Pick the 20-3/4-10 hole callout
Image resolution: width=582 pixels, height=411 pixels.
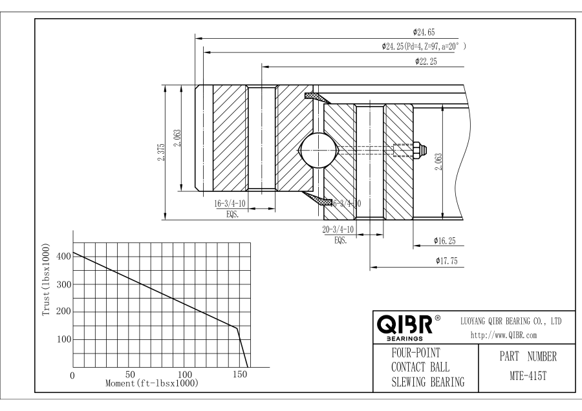tap(338, 229)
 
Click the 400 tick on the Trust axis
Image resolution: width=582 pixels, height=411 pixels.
tap(63, 257)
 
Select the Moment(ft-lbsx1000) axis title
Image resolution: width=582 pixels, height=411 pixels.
tap(151, 383)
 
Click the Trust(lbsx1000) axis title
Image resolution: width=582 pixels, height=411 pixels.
tap(46, 281)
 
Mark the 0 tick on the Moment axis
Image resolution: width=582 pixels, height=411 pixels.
tap(73, 375)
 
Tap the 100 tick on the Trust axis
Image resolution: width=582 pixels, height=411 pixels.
tap(63, 339)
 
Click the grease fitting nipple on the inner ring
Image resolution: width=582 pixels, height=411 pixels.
tap(419, 149)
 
